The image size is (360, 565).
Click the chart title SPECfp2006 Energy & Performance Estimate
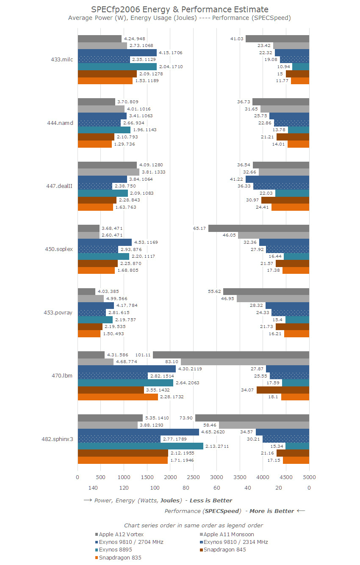[180, 9]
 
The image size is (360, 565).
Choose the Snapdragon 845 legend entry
[224, 550]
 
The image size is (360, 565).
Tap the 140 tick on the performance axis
[93, 488]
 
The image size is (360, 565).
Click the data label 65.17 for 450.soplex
[199, 228]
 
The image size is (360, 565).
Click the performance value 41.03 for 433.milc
[237, 39]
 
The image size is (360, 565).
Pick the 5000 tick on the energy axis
[309, 477]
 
